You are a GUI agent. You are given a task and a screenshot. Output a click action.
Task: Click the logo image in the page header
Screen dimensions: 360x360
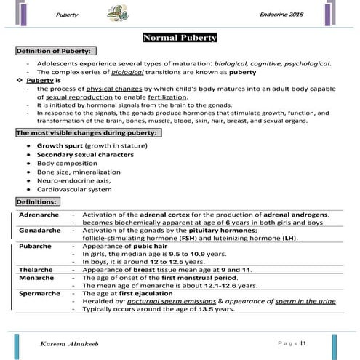coord(116,14)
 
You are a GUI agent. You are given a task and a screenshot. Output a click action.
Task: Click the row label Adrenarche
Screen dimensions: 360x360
coord(39,214)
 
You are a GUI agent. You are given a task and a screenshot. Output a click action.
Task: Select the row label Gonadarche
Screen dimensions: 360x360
coord(39,230)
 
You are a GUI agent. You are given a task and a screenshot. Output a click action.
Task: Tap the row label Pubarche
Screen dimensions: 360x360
coord(34,247)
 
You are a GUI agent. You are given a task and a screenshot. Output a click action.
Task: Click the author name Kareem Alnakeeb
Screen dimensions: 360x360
coord(71,342)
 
